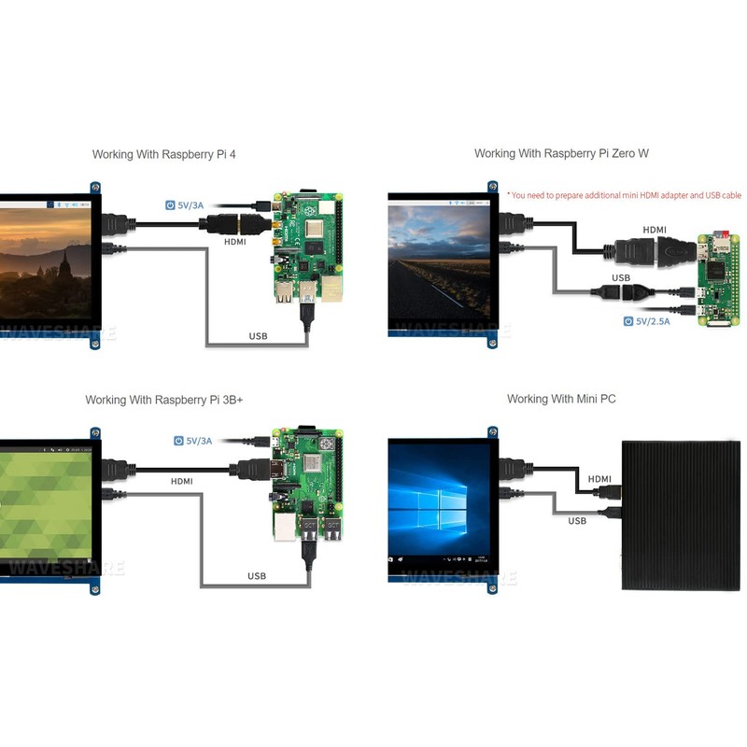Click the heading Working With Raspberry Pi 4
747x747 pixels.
(164, 154)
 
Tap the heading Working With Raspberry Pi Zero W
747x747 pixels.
(561, 153)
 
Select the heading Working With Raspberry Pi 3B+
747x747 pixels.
(164, 400)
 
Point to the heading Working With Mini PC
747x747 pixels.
(561, 399)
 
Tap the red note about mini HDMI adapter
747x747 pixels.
(624, 195)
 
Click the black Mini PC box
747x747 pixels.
(682, 515)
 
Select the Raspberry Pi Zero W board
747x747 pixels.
(719, 279)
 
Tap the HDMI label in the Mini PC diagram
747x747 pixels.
(599, 479)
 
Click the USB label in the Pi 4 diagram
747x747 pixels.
(259, 336)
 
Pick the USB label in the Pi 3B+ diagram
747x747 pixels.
(257, 576)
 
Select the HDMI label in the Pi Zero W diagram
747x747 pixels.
(655, 230)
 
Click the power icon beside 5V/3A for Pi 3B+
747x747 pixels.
(178, 441)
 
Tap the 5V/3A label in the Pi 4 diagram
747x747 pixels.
(190, 205)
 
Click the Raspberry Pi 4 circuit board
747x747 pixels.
(308, 247)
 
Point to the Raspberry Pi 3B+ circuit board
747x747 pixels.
(308, 483)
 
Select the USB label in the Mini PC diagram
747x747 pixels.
(577, 521)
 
